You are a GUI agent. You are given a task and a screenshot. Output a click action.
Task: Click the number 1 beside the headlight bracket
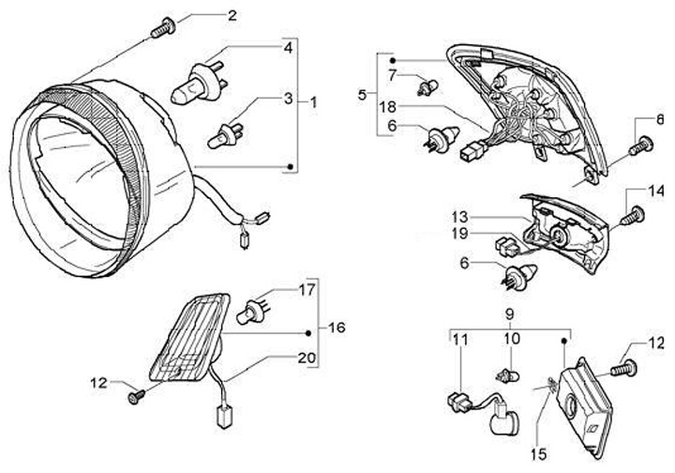tap(313, 101)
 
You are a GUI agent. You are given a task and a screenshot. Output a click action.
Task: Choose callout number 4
tap(289, 46)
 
